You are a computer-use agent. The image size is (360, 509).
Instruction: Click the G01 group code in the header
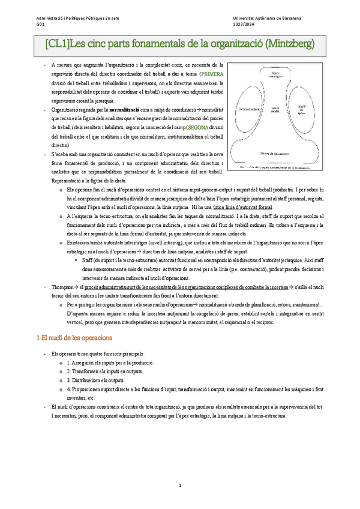pos(40,25)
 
